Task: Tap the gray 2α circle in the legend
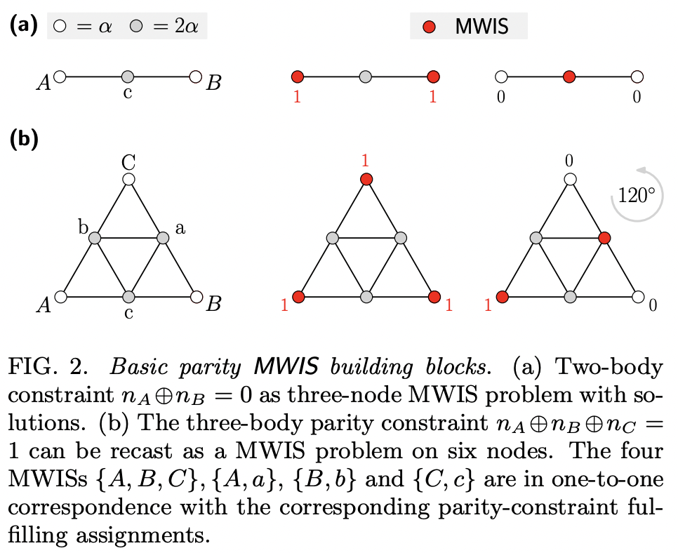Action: (137, 28)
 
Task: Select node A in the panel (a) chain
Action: (60, 76)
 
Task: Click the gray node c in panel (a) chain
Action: (128, 76)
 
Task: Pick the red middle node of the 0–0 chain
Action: (569, 76)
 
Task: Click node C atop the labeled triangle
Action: (128, 180)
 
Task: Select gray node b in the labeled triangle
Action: (95, 239)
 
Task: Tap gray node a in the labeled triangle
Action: (163, 239)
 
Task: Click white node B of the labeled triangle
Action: (197, 297)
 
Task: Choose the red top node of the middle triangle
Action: (366, 180)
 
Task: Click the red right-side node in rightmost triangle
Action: (604, 239)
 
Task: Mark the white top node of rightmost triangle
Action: (570, 180)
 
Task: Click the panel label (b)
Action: (22, 138)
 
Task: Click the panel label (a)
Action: (22, 26)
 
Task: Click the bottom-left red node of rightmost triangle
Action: (502, 297)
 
